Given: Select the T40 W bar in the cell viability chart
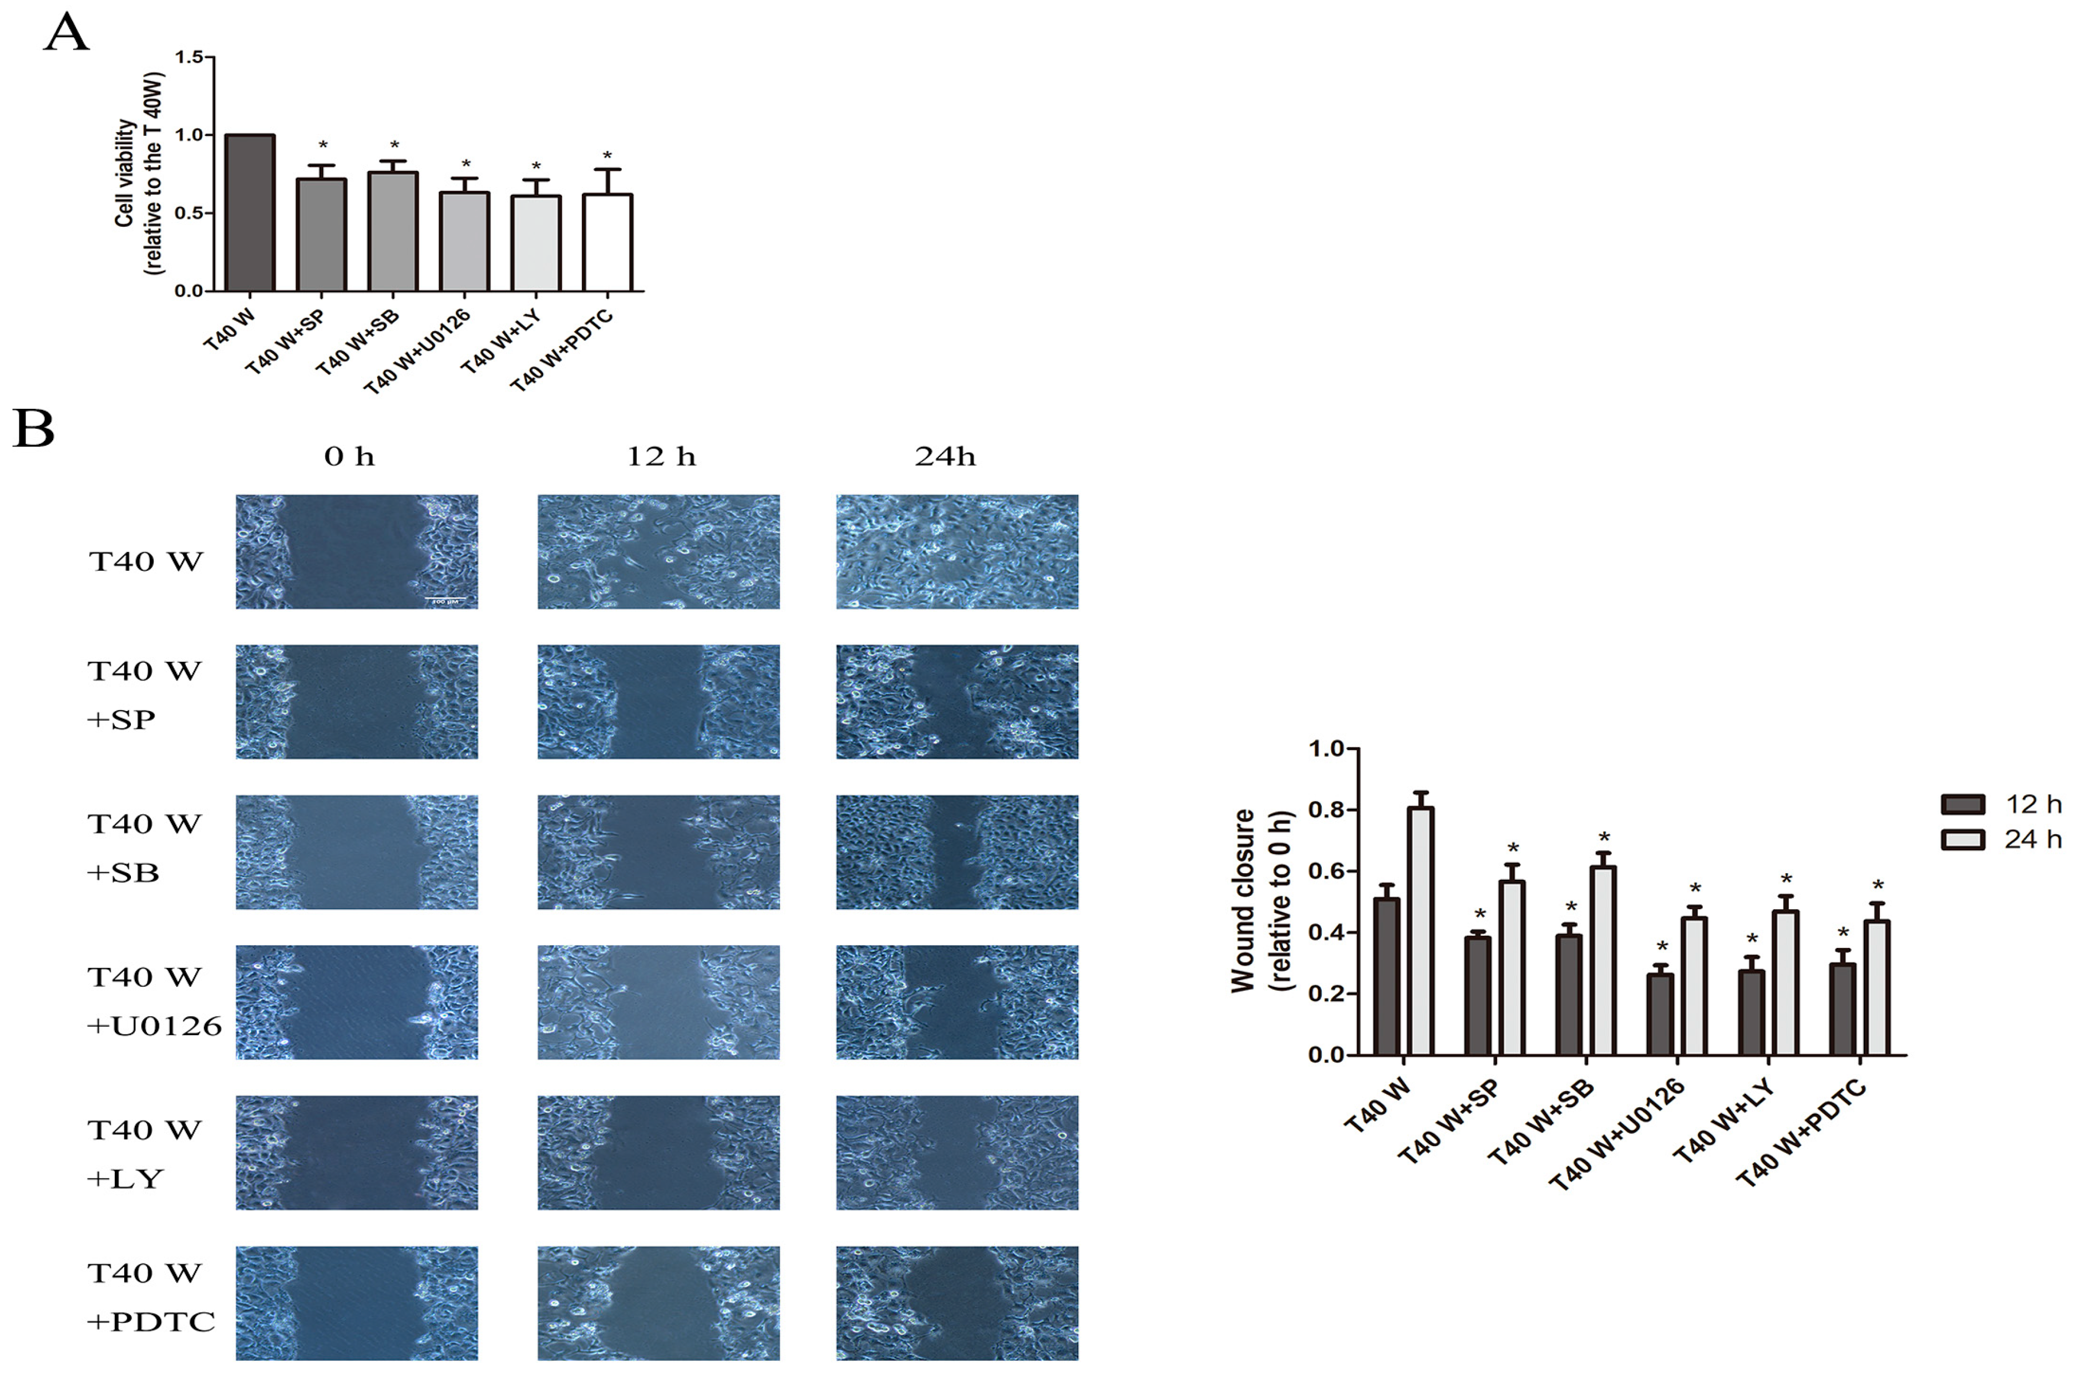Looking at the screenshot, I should [x=250, y=213].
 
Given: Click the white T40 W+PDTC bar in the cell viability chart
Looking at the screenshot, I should [x=606, y=243].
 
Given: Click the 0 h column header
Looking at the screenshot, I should [x=349, y=457].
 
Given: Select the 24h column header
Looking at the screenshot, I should [x=945, y=457].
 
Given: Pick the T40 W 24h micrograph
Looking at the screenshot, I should [x=957, y=552].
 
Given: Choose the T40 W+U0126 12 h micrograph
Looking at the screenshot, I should [x=658, y=1002].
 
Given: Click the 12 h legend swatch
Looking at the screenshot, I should [x=1963, y=804].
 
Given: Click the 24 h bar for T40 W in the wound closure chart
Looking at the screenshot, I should [x=1421, y=931].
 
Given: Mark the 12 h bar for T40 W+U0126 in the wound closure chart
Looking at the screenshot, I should [x=1660, y=1014].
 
